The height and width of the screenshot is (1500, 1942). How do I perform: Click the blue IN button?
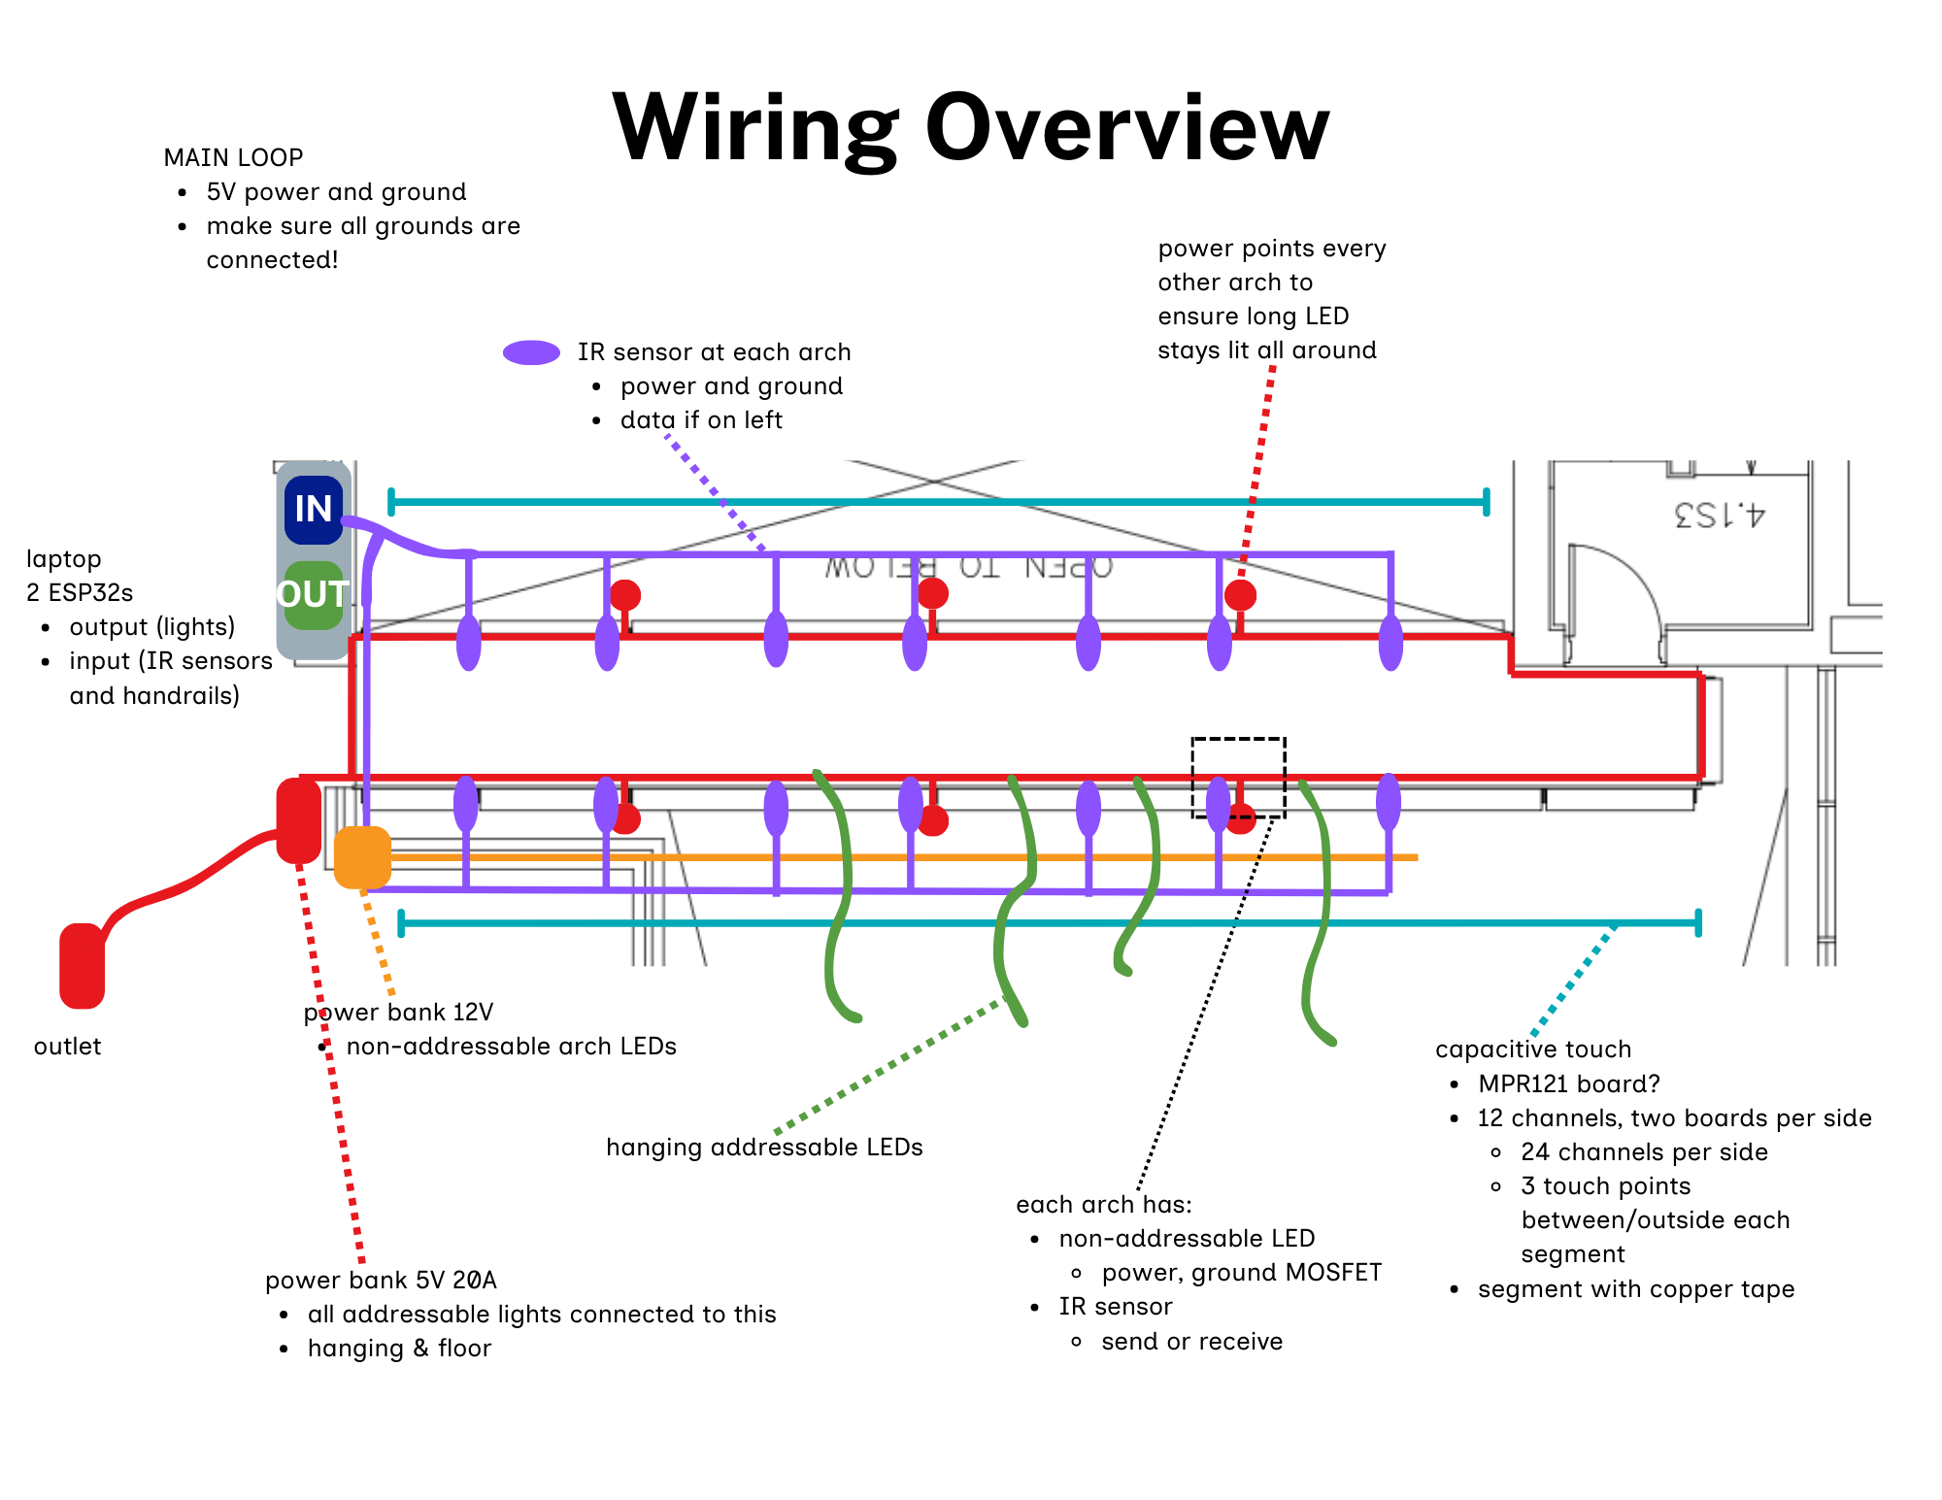[313, 509]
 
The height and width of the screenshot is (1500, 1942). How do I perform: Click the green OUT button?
[313, 594]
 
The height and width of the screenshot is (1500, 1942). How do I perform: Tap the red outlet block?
[82, 965]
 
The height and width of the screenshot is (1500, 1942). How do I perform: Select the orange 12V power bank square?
[362, 857]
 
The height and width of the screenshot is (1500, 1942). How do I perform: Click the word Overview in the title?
[1126, 128]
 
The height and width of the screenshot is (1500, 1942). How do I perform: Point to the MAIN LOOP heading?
[233, 157]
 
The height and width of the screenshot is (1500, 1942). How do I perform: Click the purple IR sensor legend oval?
[531, 352]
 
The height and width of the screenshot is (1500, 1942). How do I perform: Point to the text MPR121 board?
[1568, 1083]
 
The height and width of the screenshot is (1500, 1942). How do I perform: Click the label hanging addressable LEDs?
[764, 1148]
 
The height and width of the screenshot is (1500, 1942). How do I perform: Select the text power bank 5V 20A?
[381, 1280]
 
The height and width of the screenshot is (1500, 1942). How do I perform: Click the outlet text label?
[67, 1046]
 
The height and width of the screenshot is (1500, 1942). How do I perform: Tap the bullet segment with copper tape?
[1635, 1289]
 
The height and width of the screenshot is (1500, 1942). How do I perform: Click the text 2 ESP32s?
[80, 592]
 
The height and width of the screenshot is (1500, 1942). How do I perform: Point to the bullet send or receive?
[1191, 1341]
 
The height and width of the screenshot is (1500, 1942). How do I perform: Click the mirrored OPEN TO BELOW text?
[968, 567]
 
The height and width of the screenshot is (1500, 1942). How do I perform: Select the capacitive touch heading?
[1532, 1050]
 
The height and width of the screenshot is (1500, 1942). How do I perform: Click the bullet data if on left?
[701, 420]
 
